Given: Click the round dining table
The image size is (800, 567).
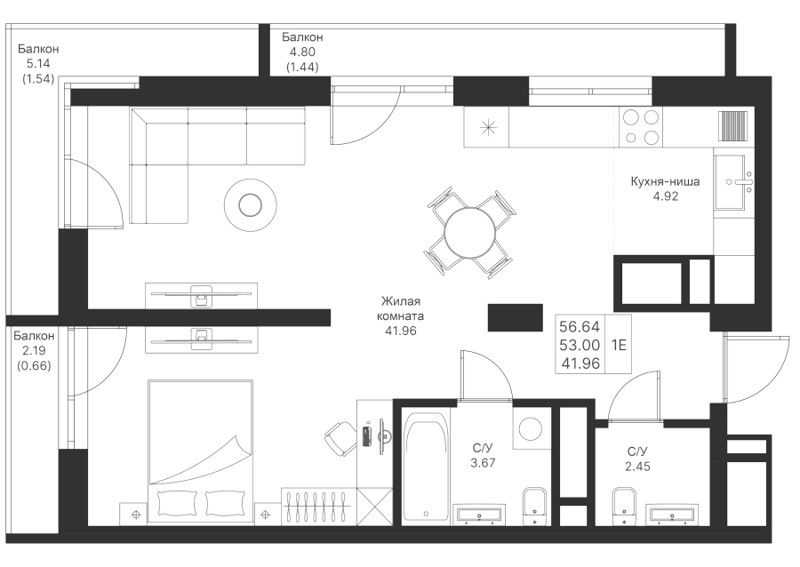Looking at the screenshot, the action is coord(469,233).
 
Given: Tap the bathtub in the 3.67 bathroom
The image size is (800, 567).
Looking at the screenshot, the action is coord(427,466).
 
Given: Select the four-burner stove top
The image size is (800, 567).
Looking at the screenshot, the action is coord(641,127).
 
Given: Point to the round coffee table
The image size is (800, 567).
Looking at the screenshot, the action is coord(250,205).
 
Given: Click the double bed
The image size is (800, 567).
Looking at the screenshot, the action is coord(200,451).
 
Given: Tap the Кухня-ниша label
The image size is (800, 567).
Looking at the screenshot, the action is coord(665,181).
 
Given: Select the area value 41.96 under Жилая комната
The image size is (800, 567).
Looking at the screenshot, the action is coord(401,331).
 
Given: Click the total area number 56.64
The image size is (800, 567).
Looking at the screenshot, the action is coord(580,326).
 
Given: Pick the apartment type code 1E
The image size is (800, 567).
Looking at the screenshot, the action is coord(619,345).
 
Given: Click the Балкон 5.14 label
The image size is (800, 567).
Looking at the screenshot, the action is coord(38,56).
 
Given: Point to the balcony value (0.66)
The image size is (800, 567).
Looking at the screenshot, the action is coord(34,365).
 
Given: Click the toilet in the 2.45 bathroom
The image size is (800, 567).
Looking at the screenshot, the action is coord(624,506).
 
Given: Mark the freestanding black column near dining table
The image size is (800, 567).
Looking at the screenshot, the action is coord(516,317).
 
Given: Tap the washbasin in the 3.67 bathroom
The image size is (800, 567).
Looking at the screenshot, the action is coord(479,514).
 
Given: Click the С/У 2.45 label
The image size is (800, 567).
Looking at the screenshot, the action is coord(637,459).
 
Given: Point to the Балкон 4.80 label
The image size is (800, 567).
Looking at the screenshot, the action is coord(302,44).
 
